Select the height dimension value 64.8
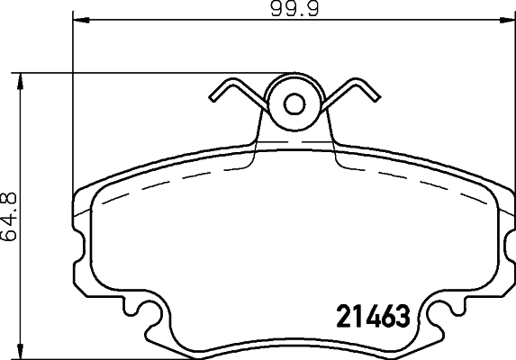point(10,216)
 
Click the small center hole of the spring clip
point(294,103)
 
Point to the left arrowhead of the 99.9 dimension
point(77,17)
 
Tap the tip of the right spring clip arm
point(373,94)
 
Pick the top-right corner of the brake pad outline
point(497,189)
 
